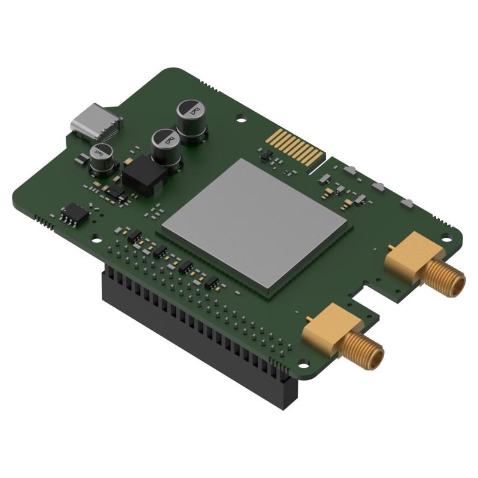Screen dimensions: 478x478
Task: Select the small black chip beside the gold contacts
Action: tap(267, 157)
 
